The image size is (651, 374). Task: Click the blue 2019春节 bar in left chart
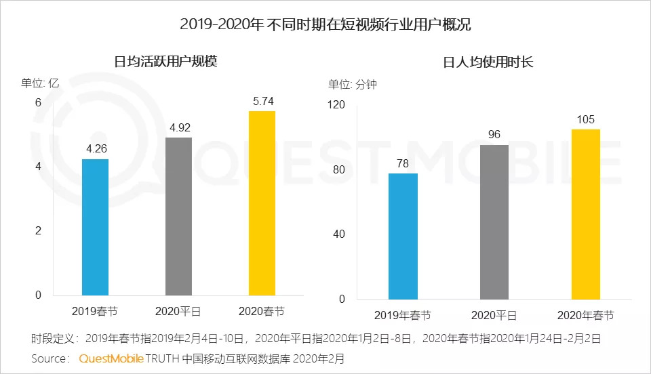tap(95, 227)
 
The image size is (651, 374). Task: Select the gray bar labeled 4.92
tap(178, 216)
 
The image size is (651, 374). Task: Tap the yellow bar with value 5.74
tap(262, 203)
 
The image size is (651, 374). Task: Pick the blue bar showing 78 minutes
tap(403, 236)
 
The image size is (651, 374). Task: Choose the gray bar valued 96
tap(494, 222)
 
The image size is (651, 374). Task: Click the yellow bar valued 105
tap(585, 214)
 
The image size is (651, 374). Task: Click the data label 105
tap(585, 120)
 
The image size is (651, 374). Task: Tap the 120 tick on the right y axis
tap(337, 105)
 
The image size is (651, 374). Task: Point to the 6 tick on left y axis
tap(38, 102)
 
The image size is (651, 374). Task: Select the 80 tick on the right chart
tap(339, 169)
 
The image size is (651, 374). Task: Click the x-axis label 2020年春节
tap(585, 316)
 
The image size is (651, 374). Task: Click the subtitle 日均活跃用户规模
tap(165, 62)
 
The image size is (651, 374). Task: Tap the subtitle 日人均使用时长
tap(488, 62)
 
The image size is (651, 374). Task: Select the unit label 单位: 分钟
tap(353, 85)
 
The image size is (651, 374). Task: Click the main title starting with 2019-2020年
tap(325, 25)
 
